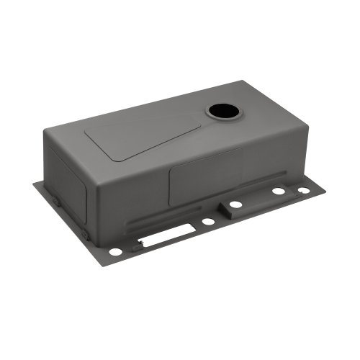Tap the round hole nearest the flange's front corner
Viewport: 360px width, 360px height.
pos(115,251)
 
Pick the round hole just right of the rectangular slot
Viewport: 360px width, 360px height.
pos(208,221)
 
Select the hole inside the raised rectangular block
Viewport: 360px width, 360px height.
pos(236,205)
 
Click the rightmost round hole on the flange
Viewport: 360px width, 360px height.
pos(303,190)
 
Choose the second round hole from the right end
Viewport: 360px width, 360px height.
pos(278,192)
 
